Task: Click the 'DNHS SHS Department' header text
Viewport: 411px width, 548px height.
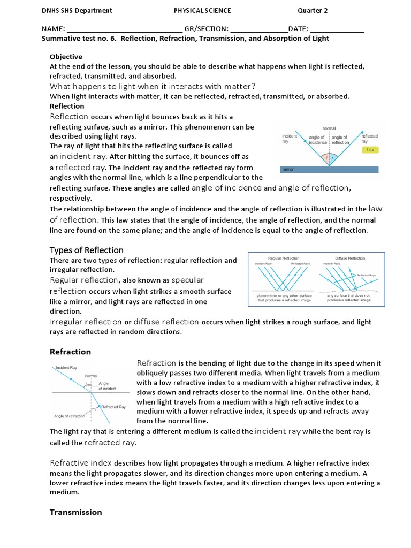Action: pyautogui.click(x=77, y=11)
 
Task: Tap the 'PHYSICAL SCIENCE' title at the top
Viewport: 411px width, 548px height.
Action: pyautogui.click(x=202, y=11)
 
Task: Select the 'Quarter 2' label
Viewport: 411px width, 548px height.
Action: pyautogui.click(x=315, y=11)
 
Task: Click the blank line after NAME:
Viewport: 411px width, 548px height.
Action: pyautogui.click(x=125, y=29)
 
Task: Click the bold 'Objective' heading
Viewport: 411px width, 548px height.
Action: pyautogui.click(x=66, y=57)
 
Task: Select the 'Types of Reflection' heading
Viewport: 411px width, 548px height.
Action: pyautogui.click(x=86, y=250)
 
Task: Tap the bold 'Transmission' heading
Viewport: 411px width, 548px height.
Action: pyautogui.click(x=75, y=512)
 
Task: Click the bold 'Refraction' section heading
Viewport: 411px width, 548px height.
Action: pyautogui.click(x=70, y=352)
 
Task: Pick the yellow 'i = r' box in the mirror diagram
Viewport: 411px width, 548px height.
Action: pyautogui.click(x=369, y=150)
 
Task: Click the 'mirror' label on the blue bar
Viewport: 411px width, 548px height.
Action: pyautogui.click(x=288, y=169)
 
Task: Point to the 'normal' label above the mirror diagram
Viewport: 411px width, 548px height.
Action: pyautogui.click(x=329, y=128)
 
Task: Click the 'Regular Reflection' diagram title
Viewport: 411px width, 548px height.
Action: pyautogui.click(x=283, y=258)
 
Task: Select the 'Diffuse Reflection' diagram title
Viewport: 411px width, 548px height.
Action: pyautogui.click(x=350, y=258)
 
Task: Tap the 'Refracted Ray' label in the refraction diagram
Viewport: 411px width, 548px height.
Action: pyautogui.click(x=113, y=407)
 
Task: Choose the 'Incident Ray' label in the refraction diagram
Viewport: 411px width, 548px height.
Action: pyautogui.click(x=67, y=368)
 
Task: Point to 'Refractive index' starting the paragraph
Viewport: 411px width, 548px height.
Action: pyautogui.click(x=81, y=463)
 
